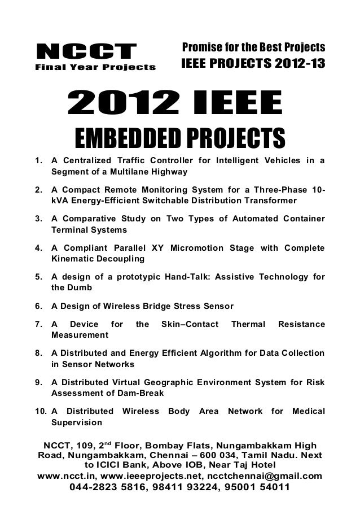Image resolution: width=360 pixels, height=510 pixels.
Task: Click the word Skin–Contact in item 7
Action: (x=187, y=325)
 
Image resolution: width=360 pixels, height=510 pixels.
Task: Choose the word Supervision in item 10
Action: (x=77, y=422)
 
